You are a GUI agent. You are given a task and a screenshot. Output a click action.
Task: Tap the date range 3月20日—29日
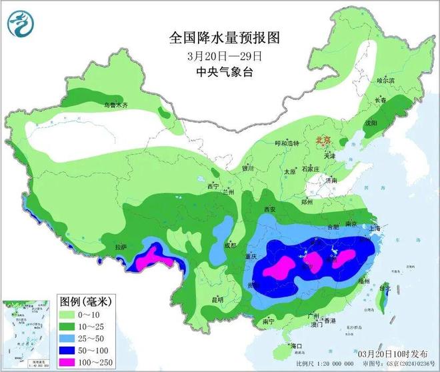click(215, 55)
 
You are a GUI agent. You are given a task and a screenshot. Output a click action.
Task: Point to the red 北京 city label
click(324, 141)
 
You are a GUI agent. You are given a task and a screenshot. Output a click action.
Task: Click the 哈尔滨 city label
click(386, 80)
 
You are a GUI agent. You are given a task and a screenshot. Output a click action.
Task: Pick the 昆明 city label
click(217, 299)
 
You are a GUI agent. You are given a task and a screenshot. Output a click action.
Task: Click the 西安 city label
click(269, 209)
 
